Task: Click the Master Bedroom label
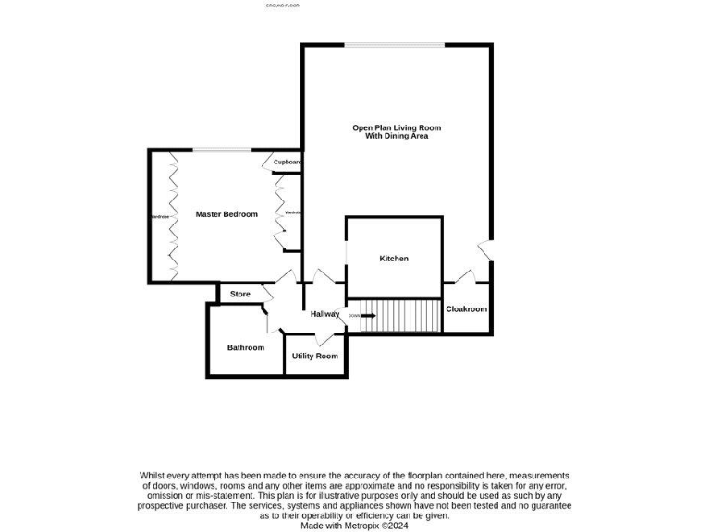tap(226, 214)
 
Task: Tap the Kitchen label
tap(394, 259)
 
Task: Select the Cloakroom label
tap(466, 309)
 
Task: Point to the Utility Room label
tap(315, 356)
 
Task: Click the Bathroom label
tap(246, 347)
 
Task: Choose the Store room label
tap(240, 294)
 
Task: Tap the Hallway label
tap(324, 314)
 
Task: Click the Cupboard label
tap(288, 163)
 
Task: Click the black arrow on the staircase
tap(367, 316)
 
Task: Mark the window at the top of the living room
tap(395, 45)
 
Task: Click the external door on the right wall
tap(484, 249)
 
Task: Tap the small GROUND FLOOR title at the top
tap(282, 6)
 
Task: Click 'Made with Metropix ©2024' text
tap(355, 526)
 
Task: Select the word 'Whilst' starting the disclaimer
tap(152, 475)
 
